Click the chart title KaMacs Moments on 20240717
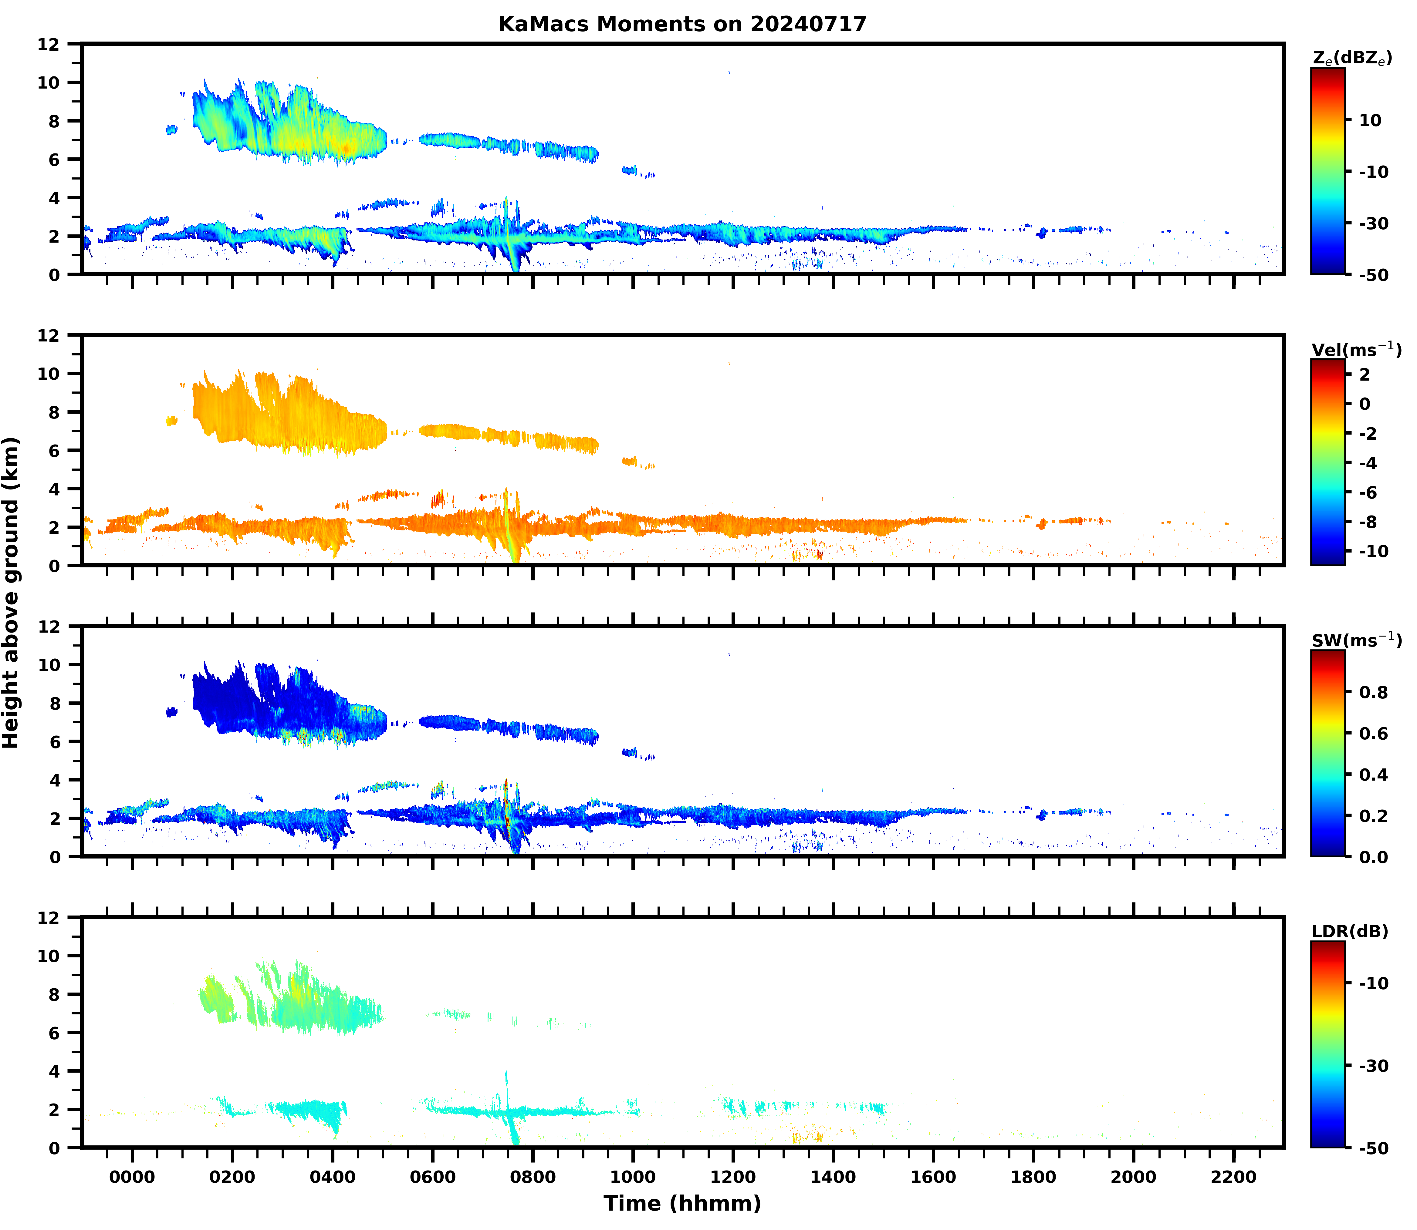tap(682, 24)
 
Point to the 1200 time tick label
tap(733, 1177)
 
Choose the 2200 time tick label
tap(1234, 1177)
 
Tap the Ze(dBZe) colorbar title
tap(1352, 58)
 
